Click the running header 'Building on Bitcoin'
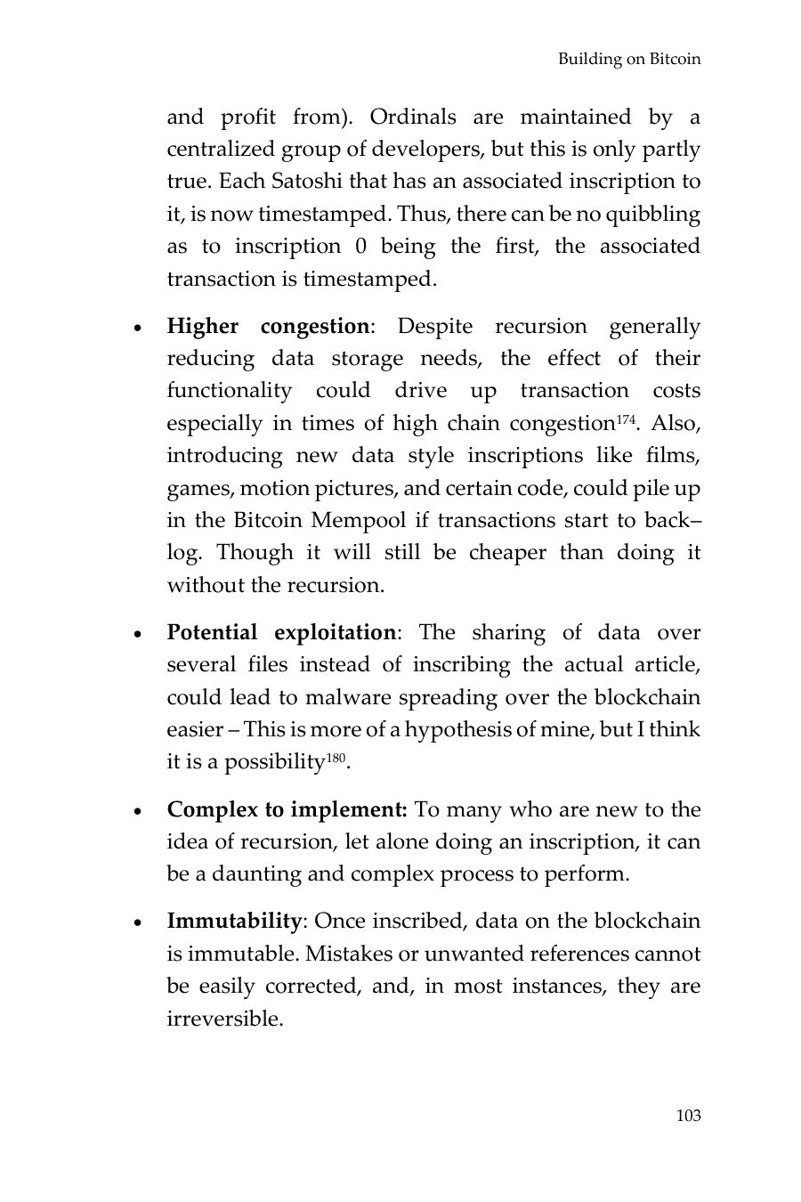629,60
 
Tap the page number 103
688,1116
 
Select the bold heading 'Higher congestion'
268,327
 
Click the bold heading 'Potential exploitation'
281,633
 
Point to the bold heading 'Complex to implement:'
287,810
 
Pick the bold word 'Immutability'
234,922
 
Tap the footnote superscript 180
334,757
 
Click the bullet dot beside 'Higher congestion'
136,329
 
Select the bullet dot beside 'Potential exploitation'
136,635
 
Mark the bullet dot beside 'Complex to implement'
136,812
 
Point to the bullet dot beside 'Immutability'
136,923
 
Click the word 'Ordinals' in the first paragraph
413,118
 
